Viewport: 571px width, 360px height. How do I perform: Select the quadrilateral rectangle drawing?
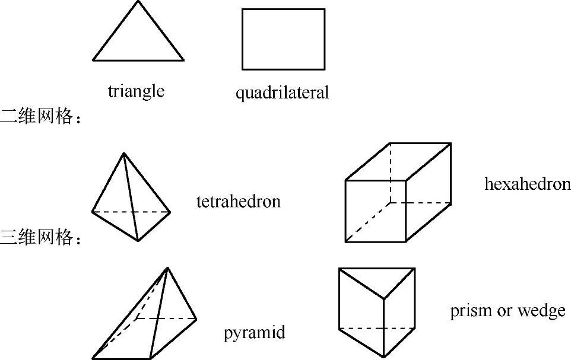point(283,39)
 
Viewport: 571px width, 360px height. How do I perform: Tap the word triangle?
point(136,91)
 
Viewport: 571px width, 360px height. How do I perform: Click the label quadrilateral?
point(282,93)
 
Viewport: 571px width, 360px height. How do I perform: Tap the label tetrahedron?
point(238,202)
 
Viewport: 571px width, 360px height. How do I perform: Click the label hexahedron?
point(527,184)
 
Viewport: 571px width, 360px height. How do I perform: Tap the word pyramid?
point(254,333)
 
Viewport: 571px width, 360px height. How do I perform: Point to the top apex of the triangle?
point(138,1)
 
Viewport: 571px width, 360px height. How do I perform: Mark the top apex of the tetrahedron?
point(123,154)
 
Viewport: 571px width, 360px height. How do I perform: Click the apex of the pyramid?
point(168,267)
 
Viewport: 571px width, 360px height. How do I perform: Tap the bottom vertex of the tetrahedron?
point(137,241)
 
